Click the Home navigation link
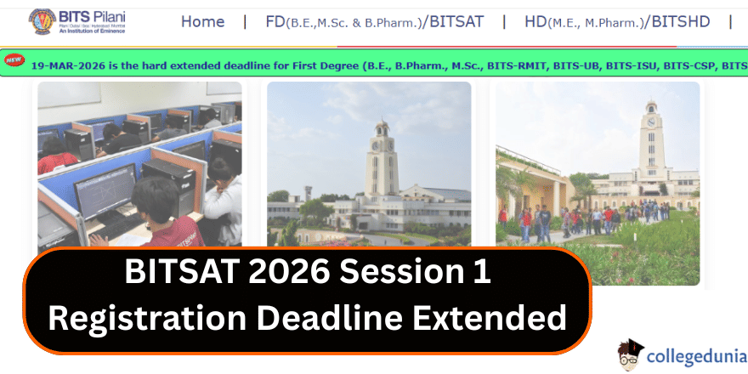202,21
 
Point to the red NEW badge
14,59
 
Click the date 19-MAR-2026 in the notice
67,65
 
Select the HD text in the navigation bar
535,21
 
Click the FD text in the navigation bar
275,21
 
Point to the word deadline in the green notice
225,65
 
